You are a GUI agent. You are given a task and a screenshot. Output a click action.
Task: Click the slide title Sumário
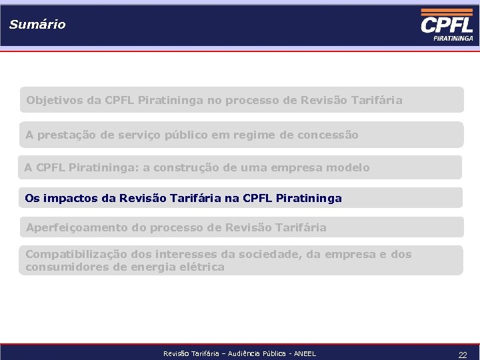click(x=37, y=25)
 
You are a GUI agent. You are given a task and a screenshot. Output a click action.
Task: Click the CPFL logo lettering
click(x=447, y=25)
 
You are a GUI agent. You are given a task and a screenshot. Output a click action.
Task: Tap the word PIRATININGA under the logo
click(x=453, y=39)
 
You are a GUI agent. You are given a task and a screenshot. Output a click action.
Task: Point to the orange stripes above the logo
click(x=446, y=13)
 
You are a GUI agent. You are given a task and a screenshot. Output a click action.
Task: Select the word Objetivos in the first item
click(x=54, y=101)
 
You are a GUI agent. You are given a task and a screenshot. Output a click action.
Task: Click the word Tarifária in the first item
click(x=377, y=101)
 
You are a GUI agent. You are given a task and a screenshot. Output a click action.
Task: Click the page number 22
click(x=462, y=355)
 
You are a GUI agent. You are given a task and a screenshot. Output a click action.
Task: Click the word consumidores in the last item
click(x=64, y=267)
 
